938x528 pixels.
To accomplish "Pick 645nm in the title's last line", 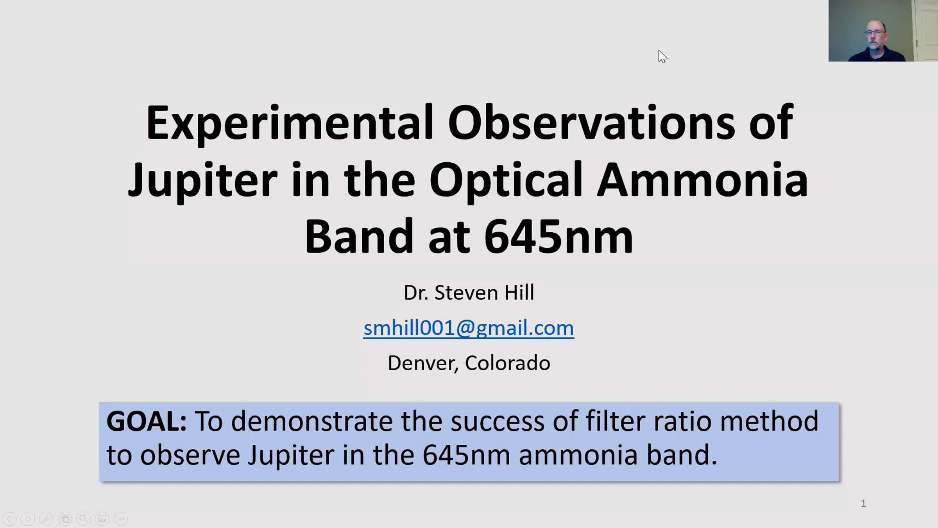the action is click(559, 237).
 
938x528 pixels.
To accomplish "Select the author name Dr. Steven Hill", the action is click(469, 293).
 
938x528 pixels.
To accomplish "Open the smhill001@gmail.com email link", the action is click(469, 328).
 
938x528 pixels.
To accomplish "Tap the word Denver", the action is click(422, 363).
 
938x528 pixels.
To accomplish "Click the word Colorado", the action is click(507, 363).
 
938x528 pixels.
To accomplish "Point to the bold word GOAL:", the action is click(147, 421).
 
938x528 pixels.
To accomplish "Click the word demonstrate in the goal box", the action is click(311, 421).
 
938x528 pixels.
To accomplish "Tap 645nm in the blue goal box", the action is click(466, 455).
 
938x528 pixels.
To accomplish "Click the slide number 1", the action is click(863, 504).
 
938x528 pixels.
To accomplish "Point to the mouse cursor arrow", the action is click(662, 56).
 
